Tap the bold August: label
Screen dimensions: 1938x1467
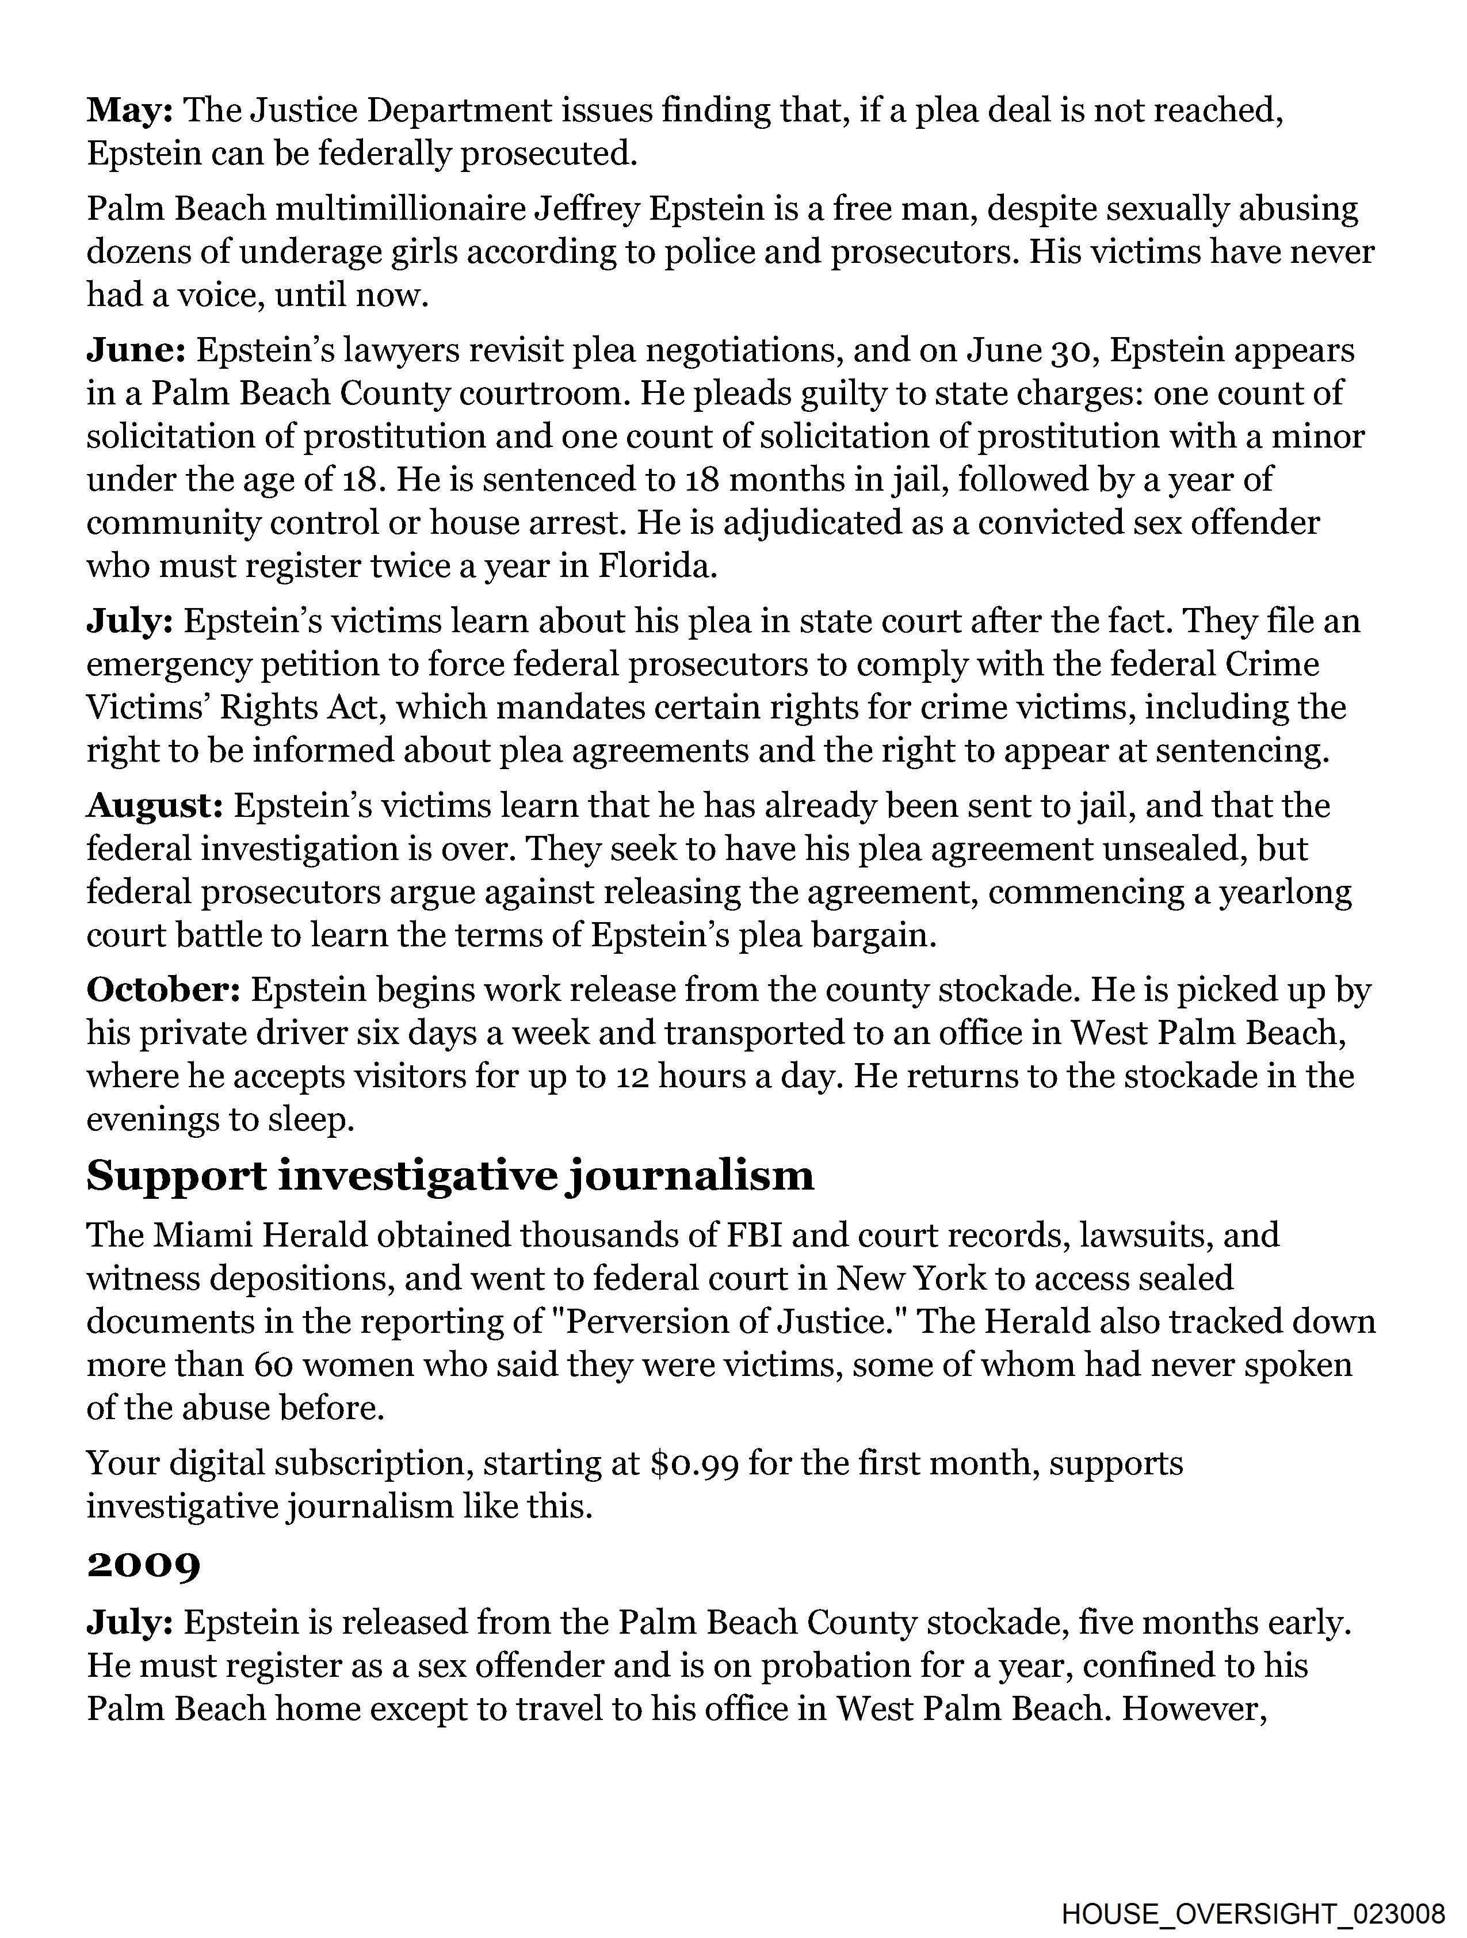154,806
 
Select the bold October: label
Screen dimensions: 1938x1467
163,990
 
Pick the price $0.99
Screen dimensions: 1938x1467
694,1464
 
